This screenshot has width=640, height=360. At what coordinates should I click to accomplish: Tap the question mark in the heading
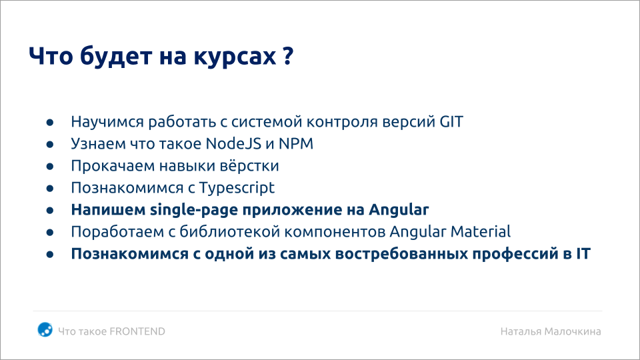pos(287,57)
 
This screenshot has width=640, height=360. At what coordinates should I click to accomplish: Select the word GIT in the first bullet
pos(451,123)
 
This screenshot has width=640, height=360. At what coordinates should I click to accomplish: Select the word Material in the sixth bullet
pos(479,232)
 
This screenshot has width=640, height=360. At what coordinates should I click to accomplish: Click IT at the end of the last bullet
pos(582,254)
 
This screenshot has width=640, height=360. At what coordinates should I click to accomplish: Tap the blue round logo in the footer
pos(45,329)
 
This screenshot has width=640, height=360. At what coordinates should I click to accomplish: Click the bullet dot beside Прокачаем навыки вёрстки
pos(51,167)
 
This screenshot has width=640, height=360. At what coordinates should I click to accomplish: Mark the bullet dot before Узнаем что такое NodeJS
pos(51,145)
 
